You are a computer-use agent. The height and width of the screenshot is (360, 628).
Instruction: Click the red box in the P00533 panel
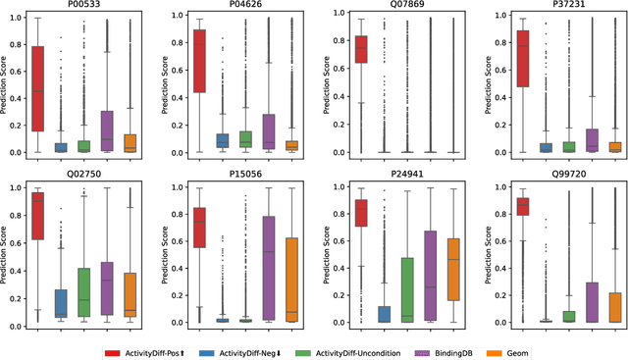pyautogui.click(x=38, y=88)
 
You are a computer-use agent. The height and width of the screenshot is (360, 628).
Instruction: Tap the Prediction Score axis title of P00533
pyautogui.click(x=6, y=84)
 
